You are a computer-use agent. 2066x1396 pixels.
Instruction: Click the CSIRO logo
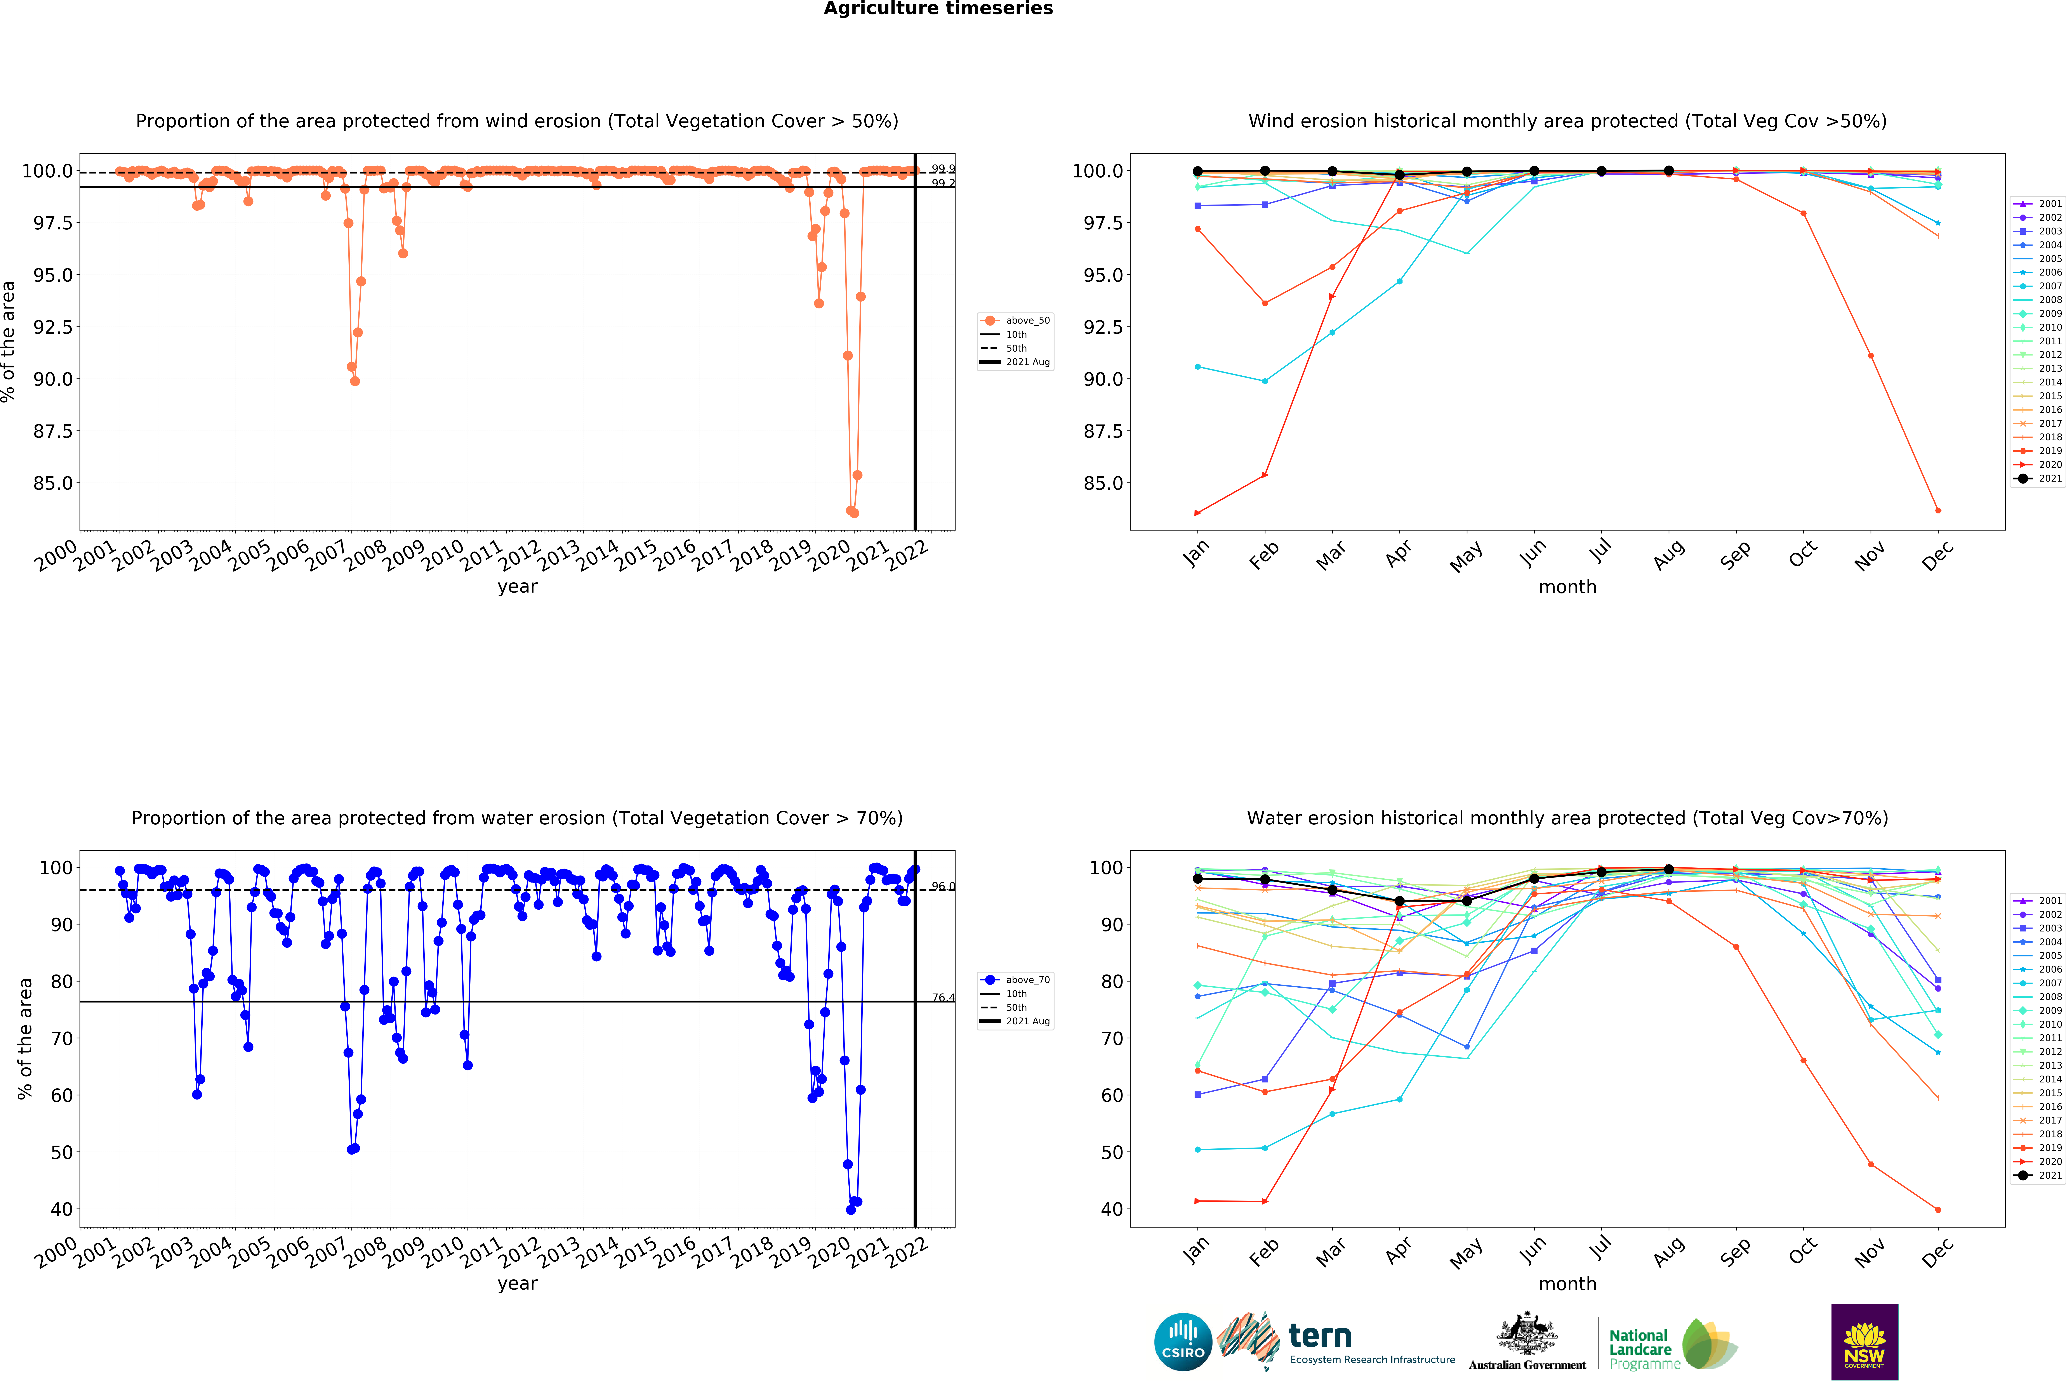[1182, 1342]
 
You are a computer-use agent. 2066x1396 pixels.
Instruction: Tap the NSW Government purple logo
[1864, 1342]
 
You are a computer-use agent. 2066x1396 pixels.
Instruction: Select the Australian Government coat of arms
[1526, 1333]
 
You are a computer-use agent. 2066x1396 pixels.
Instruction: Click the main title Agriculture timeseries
[938, 9]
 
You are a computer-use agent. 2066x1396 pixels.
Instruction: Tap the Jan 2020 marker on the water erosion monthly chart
[1197, 1201]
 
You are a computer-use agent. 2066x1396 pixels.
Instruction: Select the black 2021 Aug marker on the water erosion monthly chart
[1669, 869]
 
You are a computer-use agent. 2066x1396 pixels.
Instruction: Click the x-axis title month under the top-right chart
[1567, 587]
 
